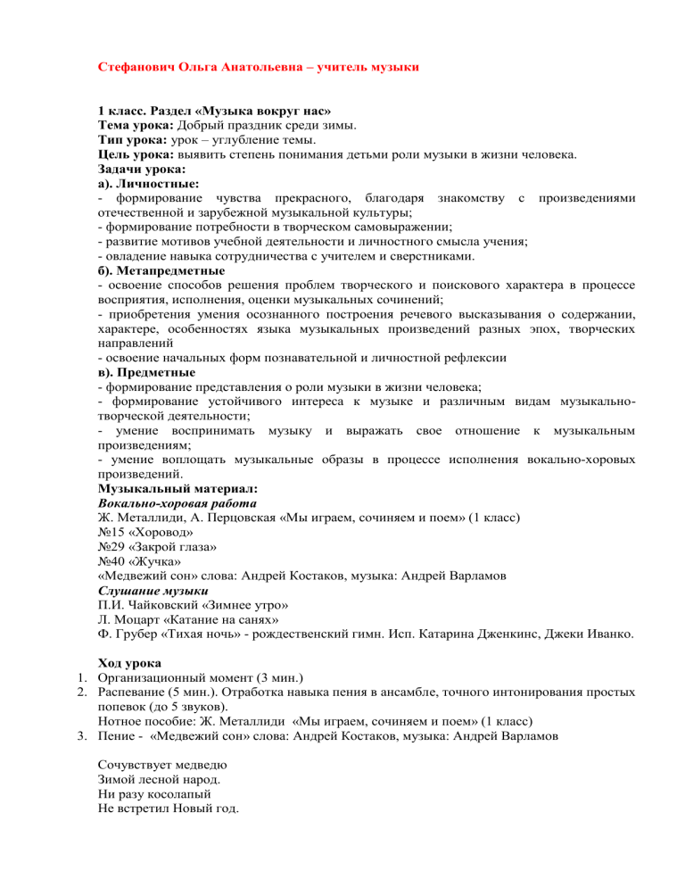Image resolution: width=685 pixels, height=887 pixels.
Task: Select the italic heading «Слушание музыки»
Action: tap(153, 590)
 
